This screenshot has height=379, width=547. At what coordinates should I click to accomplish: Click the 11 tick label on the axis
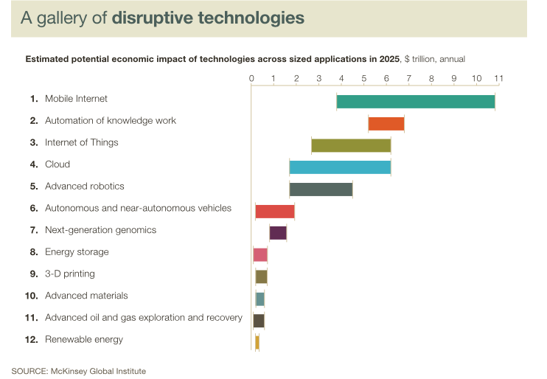tap(498, 78)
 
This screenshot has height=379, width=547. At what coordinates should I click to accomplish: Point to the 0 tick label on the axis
tap(251, 78)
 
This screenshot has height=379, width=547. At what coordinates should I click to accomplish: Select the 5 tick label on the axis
tap(364, 78)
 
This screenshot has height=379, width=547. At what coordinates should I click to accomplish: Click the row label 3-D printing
tap(70, 274)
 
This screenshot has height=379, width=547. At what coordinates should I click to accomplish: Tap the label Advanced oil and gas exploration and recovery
tap(143, 318)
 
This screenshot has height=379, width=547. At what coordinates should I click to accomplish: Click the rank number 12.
tap(31, 340)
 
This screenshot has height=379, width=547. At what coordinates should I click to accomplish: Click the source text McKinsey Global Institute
tap(100, 371)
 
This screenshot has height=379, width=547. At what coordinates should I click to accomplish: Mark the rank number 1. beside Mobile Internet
tap(33, 99)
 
